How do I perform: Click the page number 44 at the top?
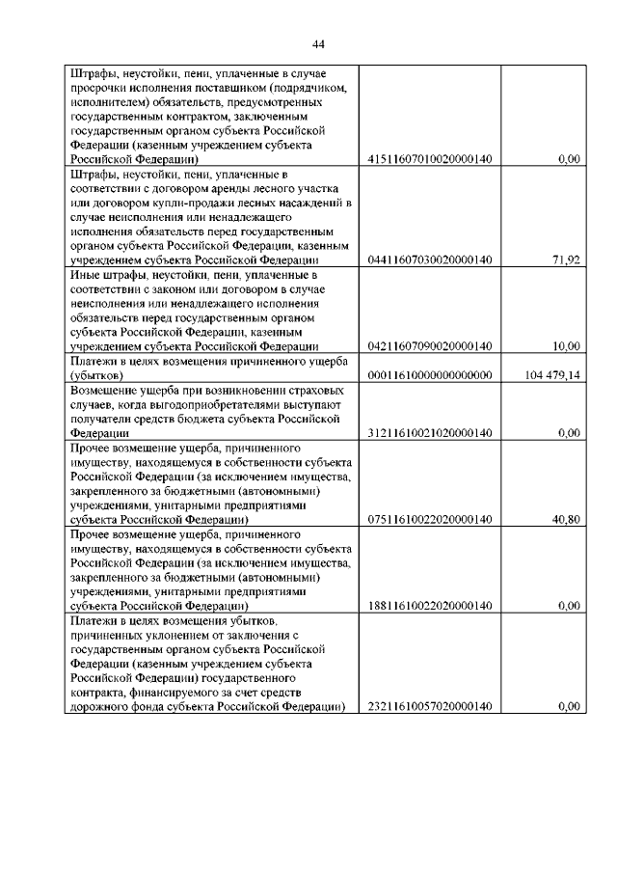pos(318,43)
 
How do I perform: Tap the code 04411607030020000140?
pos(430,259)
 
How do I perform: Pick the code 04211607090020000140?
pos(430,346)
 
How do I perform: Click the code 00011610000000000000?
pos(430,375)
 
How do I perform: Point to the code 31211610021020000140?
pos(430,433)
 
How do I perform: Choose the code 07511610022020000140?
pos(430,519)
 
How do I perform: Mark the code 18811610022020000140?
pos(430,606)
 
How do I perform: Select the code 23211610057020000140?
pos(430,707)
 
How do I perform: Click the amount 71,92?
pos(566,259)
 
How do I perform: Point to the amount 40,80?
pos(566,519)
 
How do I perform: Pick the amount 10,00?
pos(566,346)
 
